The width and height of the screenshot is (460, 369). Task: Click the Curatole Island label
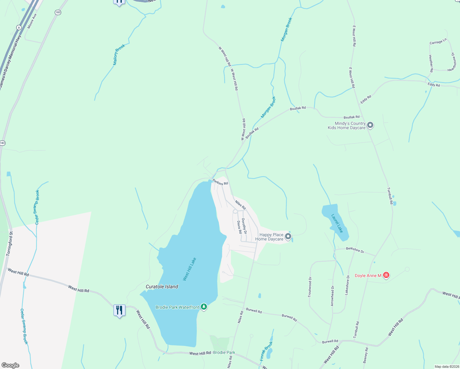click(162, 287)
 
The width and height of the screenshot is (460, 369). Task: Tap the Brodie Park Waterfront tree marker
click(204, 307)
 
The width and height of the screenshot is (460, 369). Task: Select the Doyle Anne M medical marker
click(386, 275)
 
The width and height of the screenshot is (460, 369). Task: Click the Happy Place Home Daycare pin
click(288, 236)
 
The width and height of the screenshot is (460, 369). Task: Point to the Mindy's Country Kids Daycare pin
click(370, 125)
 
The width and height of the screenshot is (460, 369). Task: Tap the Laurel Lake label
click(337, 223)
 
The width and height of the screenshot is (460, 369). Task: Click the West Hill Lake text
click(189, 269)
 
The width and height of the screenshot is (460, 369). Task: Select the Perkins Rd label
click(220, 182)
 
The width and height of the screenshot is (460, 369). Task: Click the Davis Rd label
click(239, 227)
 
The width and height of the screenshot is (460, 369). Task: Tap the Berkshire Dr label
click(355, 250)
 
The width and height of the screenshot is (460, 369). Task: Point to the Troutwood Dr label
click(310, 287)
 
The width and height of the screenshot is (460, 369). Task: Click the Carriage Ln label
click(438, 42)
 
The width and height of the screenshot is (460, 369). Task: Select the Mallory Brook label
click(119, 54)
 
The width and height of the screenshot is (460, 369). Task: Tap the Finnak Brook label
click(266, 351)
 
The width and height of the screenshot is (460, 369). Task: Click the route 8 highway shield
click(19, 27)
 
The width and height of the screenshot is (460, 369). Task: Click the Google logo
click(10, 365)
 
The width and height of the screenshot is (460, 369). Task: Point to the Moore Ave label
click(32, 21)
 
